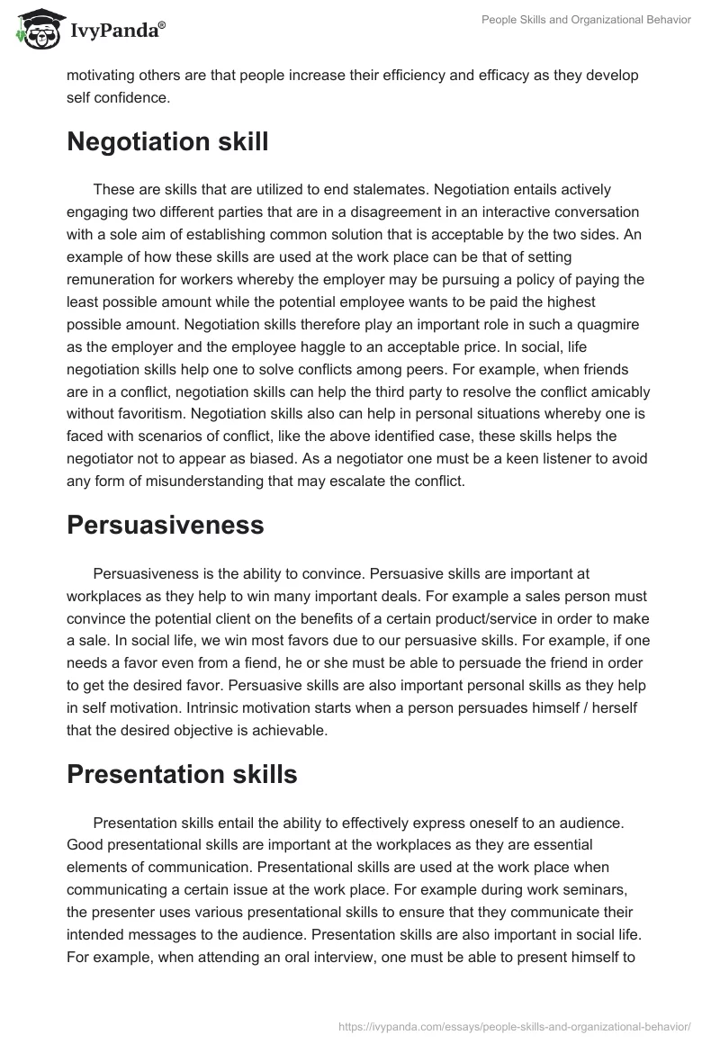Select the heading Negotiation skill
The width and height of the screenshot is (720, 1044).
pos(167,142)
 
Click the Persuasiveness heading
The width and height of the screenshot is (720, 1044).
pos(166,525)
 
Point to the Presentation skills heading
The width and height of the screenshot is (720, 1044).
pos(182,774)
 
